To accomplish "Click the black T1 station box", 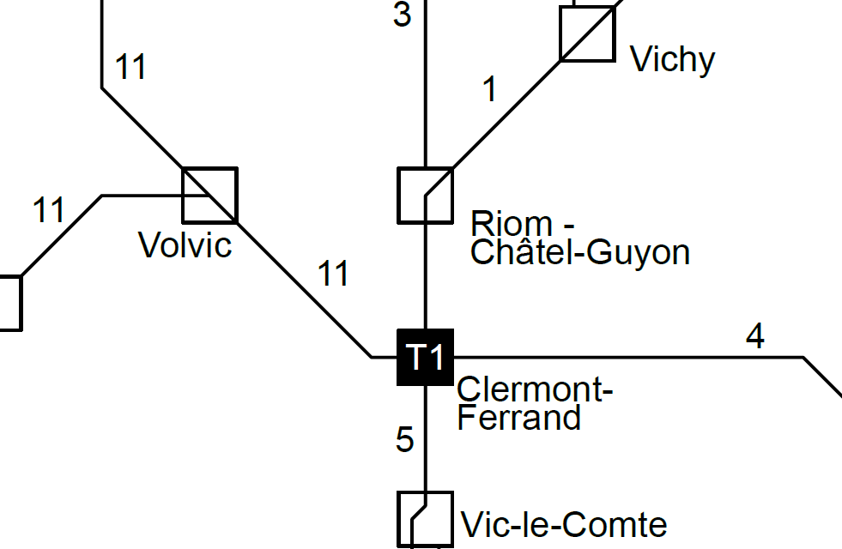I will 425,357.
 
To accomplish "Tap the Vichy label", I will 672,60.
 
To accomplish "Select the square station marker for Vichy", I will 588,34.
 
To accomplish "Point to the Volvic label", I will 185,245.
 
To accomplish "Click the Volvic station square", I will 209,195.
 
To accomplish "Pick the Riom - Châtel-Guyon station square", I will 425,195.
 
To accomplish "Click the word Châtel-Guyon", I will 580,252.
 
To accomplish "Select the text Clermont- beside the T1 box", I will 535,390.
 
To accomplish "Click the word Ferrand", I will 519,418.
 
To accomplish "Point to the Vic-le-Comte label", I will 564,524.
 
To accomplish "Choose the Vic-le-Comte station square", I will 425,518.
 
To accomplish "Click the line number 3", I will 402,15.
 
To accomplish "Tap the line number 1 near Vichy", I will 489,89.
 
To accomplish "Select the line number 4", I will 754,337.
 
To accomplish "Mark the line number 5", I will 405,440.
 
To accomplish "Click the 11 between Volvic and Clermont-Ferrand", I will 334,274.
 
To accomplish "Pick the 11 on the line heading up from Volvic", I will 131,67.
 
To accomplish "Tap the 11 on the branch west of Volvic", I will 49,210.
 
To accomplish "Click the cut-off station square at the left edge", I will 9,303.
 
